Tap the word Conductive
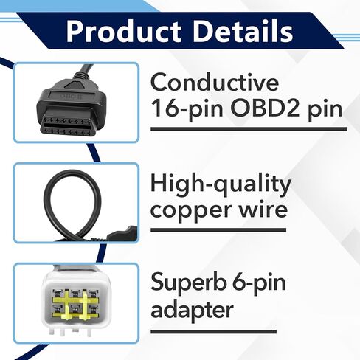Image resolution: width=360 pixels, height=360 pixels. click(214, 81)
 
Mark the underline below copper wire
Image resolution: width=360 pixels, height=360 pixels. click(248, 230)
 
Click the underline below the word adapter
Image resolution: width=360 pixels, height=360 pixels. click(248, 331)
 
